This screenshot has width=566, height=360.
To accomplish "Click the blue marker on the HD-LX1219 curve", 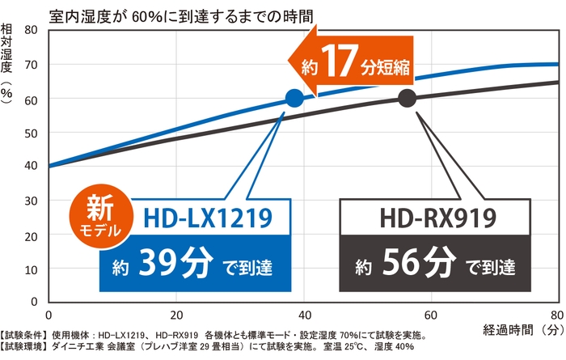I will point(294,99).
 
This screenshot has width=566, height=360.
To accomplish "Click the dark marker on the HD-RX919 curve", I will point(407,99).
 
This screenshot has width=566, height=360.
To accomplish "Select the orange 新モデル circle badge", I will point(100,216).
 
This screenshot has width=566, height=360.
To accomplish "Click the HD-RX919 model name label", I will point(437,216).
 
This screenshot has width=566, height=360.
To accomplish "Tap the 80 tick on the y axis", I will point(32,30).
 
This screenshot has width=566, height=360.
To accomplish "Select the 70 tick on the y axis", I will point(32,64).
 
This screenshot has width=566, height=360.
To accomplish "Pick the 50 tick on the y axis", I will point(32,132).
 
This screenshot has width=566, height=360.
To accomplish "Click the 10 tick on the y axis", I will point(32,268).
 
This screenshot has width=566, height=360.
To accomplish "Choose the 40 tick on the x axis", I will point(304,315).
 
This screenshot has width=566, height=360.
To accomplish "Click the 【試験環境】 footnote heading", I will point(25,348).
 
